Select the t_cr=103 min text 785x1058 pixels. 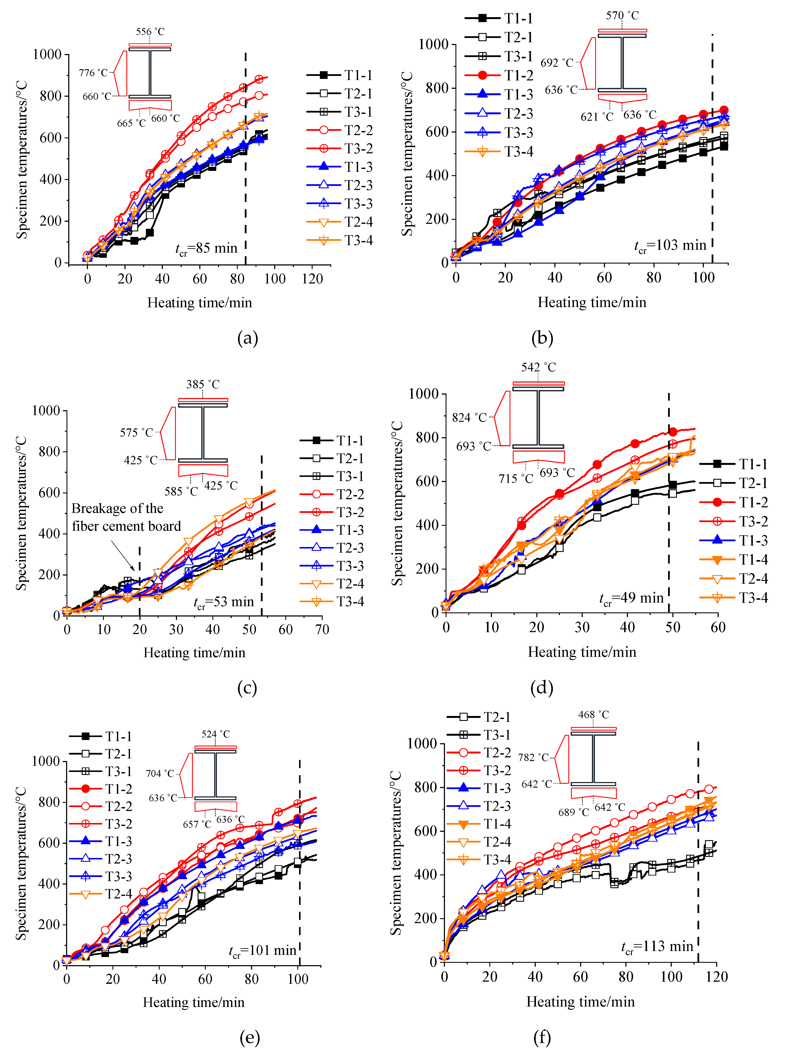[670, 246]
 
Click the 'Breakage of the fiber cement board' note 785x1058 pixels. [126, 517]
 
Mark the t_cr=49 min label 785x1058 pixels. [631, 598]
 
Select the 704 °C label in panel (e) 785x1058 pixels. [160, 773]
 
